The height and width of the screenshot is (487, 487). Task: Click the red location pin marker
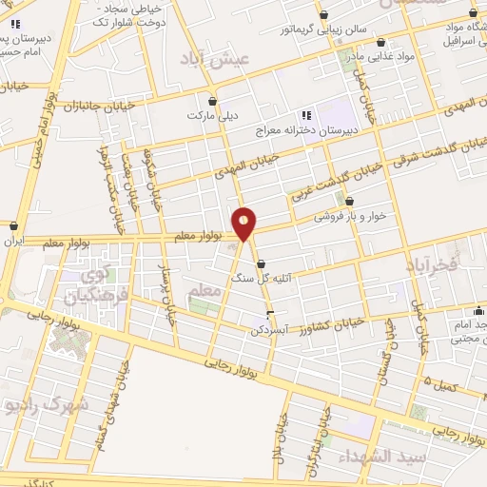pyautogui.click(x=244, y=224)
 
